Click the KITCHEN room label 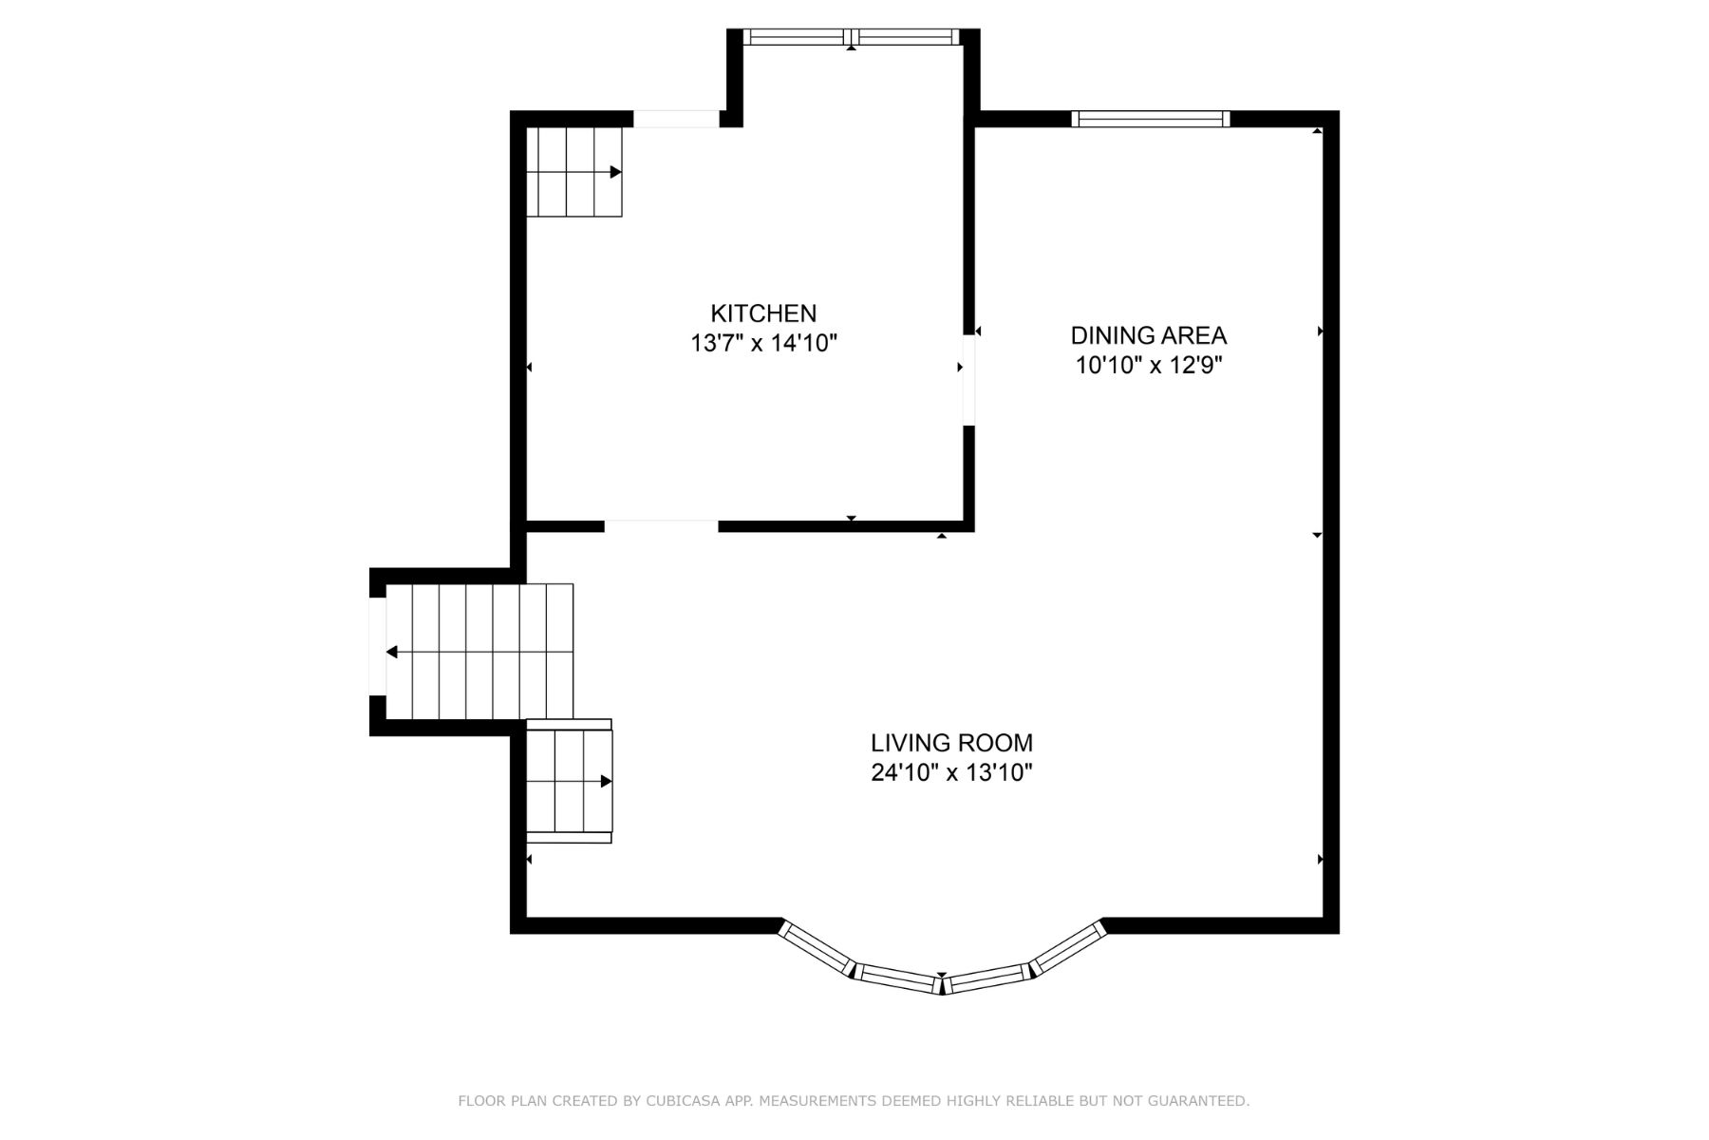pos(763,313)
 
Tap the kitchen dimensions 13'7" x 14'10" pos(763,343)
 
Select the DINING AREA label pos(1149,335)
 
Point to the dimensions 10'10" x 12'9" pos(1149,365)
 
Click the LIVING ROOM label pos(951,742)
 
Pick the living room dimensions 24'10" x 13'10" pos(951,772)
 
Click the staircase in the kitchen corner pos(574,172)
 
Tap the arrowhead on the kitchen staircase pos(616,172)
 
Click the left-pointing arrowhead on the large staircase pos(391,652)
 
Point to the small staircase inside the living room pos(569,781)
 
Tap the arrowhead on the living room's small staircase pos(607,781)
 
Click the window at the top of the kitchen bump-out pos(852,37)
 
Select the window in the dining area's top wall pos(1151,119)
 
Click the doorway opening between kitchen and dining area pos(968,380)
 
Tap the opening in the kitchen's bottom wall pos(661,526)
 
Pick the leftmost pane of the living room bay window pos(817,947)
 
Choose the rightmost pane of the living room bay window pos(1069,947)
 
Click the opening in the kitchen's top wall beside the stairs pos(676,119)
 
